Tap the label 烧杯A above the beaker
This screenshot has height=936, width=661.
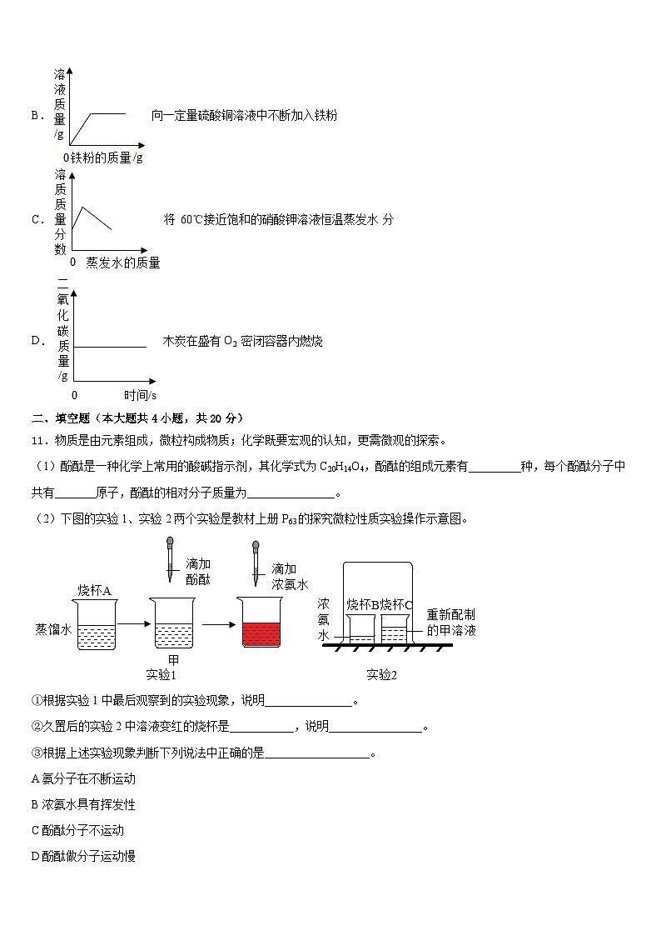pyautogui.click(x=95, y=590)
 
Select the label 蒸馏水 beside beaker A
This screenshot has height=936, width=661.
pyautogui.click(x=52, y=628)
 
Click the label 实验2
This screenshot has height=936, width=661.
pyautogui.click(x=381, y=674)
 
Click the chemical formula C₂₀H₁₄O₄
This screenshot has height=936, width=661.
pyautogui.click(x=345, y=467)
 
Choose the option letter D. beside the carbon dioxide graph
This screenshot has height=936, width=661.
pyautogui.click(x=37, y=340)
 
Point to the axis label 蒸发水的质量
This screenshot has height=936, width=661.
pyautogui.click(x=122, y=263)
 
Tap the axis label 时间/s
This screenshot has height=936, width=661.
pyautogui.click(x=140, y=394)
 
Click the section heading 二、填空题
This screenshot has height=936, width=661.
pyautogui.click(x=62, y=418)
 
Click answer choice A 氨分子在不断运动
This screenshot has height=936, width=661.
pyautogui.click(x=83, y=778)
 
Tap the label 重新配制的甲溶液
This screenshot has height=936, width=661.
pyautogui.click(x=451, y=622)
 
